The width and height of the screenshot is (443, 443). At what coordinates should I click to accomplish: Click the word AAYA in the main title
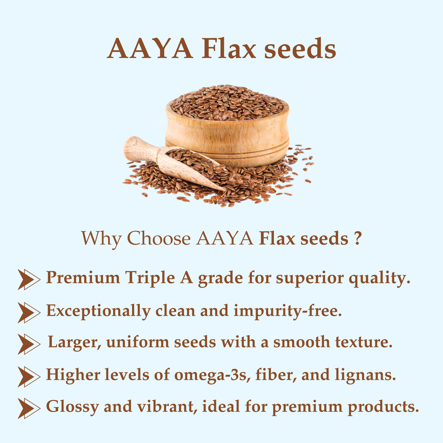[x=150, y=49]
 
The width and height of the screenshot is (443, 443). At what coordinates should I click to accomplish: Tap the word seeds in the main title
[x=300, y=49]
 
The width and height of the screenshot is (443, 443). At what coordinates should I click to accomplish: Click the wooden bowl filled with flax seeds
[x=227, y=132]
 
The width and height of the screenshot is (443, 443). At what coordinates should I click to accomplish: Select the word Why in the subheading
[x=101, y=239]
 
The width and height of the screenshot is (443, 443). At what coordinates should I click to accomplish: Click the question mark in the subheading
[x=356, y=238]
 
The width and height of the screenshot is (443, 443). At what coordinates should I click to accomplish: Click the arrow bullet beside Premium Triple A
[x=29, y=279]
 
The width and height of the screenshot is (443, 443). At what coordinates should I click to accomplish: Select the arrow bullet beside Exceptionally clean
[x=29, y=312]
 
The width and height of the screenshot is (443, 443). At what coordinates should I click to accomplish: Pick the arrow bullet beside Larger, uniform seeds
[x=29, y=344]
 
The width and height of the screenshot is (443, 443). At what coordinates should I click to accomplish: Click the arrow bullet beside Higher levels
[x=29, y=376]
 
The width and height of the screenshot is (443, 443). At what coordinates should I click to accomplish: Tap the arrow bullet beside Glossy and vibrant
[x=29, y=408]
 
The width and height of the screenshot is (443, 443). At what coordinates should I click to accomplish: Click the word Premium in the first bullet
[x=83, y=278]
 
